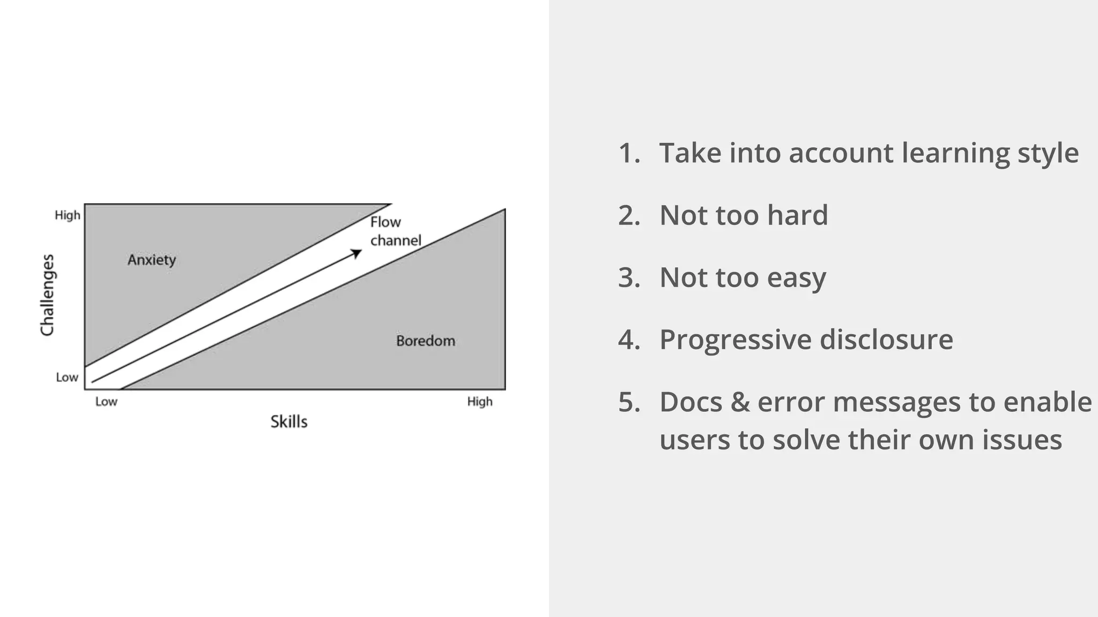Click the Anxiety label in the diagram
152,260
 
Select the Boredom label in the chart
426,341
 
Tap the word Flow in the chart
385,222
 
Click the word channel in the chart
396,240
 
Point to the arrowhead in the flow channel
357,253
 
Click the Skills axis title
288,422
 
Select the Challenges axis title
48,295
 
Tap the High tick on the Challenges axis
68,215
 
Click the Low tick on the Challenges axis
67,378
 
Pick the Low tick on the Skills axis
106,402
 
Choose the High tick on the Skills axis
479,402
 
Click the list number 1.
628,153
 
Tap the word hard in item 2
797,215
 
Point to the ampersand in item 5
739,402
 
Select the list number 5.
628,402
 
